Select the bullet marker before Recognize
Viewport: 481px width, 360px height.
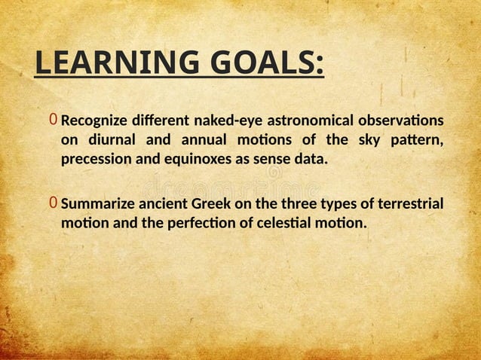53,121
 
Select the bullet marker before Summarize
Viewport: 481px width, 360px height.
53,203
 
